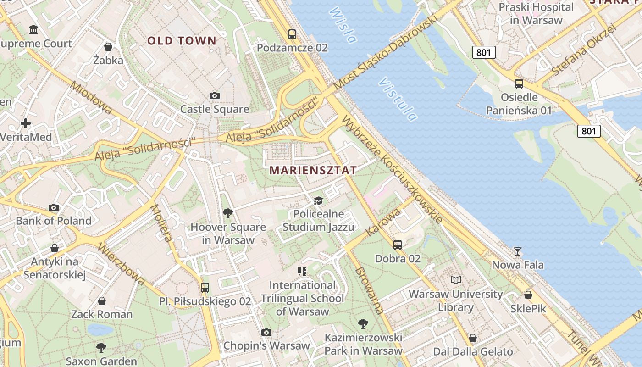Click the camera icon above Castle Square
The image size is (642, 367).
214,96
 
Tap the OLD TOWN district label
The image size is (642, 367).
182,41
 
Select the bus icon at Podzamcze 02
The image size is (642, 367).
292,34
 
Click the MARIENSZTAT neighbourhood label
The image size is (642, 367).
313,170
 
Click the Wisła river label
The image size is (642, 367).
343,25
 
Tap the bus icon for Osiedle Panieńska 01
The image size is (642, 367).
519,84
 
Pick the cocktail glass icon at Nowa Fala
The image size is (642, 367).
518,251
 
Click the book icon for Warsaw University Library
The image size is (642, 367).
455,280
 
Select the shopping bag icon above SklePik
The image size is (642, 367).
528,295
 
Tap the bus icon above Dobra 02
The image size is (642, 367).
398,245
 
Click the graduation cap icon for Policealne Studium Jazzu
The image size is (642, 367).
318,200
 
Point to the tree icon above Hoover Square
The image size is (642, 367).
227,213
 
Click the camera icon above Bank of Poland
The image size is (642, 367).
54,207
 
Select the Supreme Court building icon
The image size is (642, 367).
33,30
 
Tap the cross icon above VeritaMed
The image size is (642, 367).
26,123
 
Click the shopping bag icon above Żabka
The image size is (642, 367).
108,47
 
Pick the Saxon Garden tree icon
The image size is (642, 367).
101,348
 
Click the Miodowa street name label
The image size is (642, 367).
91,98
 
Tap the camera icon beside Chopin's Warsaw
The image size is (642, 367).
266,332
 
